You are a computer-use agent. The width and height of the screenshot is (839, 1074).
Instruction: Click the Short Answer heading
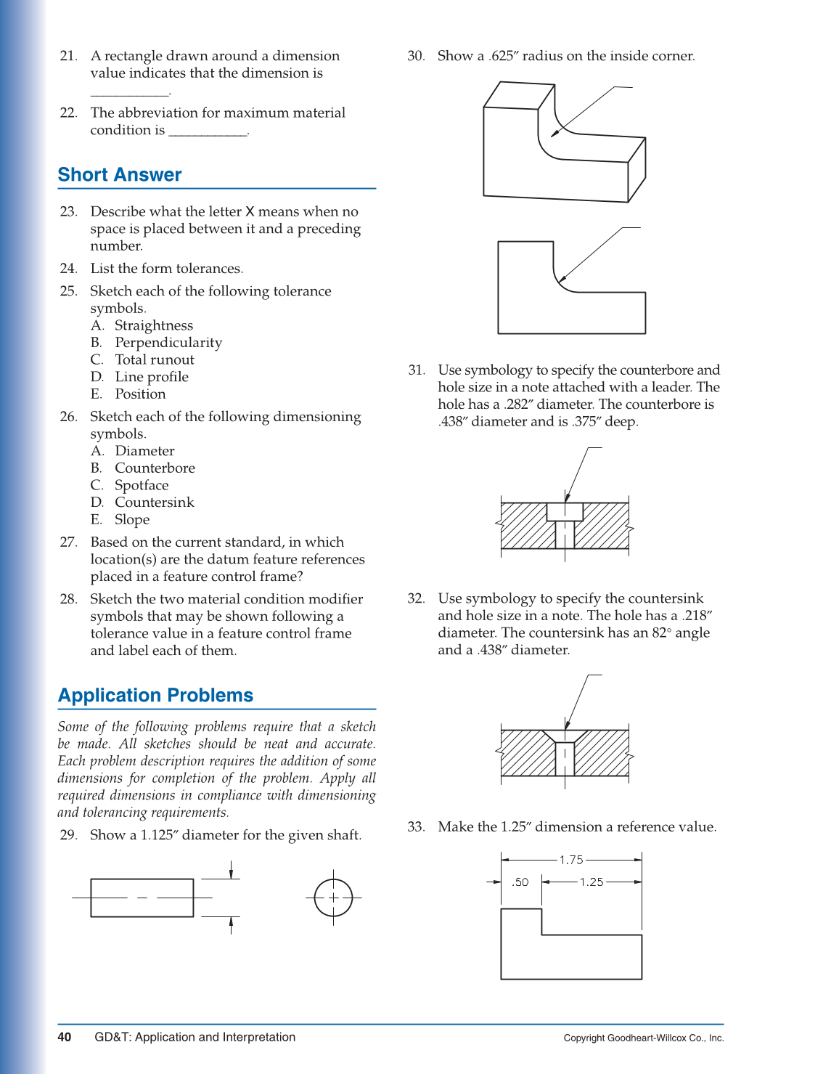pos(120,175)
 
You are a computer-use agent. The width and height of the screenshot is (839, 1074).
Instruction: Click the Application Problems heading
pos(155,696)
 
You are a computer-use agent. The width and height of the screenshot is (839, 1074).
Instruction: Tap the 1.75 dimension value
pos(571,860)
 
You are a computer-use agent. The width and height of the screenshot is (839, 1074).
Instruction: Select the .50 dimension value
pos(520,882)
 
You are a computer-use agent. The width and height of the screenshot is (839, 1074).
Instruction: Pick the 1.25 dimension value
pos(591,882)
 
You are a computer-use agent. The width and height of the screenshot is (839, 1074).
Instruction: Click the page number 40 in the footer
pos(65,1037)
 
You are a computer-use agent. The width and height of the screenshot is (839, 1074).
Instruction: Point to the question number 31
pos(416,370)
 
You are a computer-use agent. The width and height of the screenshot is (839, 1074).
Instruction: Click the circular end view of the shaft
pos(333,898)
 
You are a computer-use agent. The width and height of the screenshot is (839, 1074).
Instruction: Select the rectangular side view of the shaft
pos(142,898)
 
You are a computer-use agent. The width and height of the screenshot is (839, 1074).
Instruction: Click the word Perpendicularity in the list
pos(168,343)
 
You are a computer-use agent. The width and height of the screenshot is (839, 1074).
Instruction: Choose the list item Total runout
pos(155,360)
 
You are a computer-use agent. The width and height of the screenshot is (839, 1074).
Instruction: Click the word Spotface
pos(142,486)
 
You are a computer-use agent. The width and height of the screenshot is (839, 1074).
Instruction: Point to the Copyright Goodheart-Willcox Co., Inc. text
pos(643,1038)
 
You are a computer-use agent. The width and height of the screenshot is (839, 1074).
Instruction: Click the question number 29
pos(68,835)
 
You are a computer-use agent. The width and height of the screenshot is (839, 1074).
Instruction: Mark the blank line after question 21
pos(130,92)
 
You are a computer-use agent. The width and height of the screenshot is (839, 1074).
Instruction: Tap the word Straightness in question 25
pos(154,326)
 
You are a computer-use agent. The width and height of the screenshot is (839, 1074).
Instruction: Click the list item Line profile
pos(152,377)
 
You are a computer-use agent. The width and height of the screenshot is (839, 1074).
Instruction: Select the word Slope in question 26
pos(132,520)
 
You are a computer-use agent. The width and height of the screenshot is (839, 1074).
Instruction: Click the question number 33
pos(416,827)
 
